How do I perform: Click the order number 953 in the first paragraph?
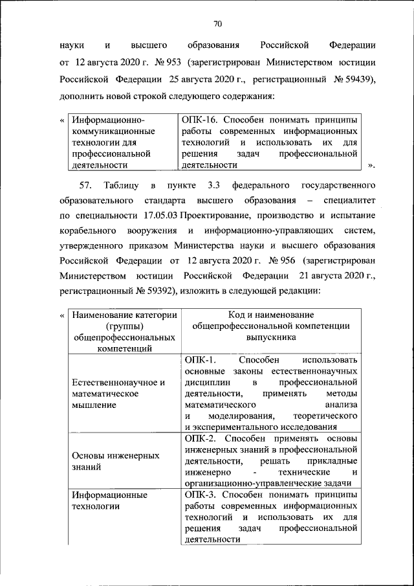point(171,64)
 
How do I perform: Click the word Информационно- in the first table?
point(108,120)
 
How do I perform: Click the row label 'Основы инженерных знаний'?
point(116,460)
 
